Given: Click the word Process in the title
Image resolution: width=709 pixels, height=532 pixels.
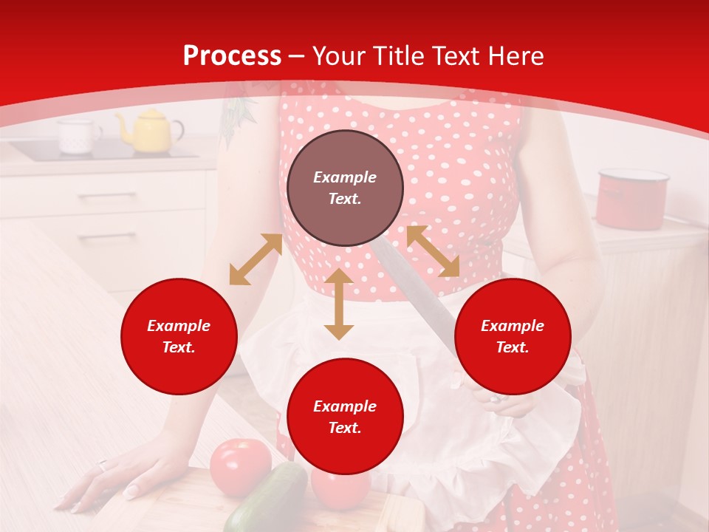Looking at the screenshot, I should click(232, 56).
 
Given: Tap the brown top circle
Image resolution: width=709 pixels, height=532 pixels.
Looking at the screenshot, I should click(345, 188).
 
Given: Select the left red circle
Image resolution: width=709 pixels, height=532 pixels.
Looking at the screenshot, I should click(179, 336).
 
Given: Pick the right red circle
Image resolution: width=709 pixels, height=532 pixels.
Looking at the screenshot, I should click(513, 336).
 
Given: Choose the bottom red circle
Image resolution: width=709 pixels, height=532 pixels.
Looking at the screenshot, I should click(345, 416).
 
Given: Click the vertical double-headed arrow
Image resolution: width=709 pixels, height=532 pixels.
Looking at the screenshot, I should click(339, 304).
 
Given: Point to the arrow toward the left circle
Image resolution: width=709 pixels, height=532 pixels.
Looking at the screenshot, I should click(256, 259).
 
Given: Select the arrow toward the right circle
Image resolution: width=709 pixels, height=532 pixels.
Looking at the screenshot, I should click(433, 251).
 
